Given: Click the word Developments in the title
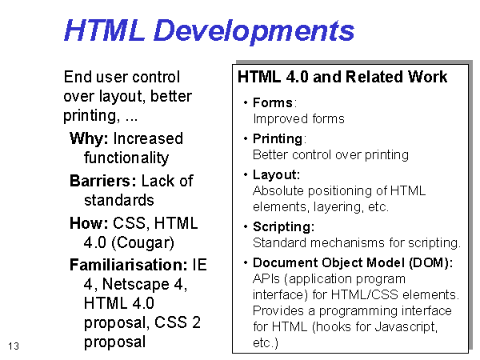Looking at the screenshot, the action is coord(254,31).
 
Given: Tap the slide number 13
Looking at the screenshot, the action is coord(14,346).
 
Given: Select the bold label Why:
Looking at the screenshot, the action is coord(89,138).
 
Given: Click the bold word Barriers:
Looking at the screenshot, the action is coord(103,181).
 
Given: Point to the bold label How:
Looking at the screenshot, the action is coord(89,223).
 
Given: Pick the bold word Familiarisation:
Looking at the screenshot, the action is coord(128,265).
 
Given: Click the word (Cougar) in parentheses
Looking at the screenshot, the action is coord(143,243).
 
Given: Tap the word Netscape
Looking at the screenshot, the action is coord(136,284).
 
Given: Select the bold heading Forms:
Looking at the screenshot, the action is coord(274,103).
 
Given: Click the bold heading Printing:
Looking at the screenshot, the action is coord(279,139).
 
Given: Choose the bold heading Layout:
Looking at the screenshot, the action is coord(276,174).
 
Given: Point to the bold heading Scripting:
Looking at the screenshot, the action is coord(283,227).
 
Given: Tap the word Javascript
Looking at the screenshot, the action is coord(406,326).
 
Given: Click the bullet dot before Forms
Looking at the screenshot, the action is coord(246,102).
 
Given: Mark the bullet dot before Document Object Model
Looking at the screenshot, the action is coord(246,262).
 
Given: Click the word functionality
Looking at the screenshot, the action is coord(126,158).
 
